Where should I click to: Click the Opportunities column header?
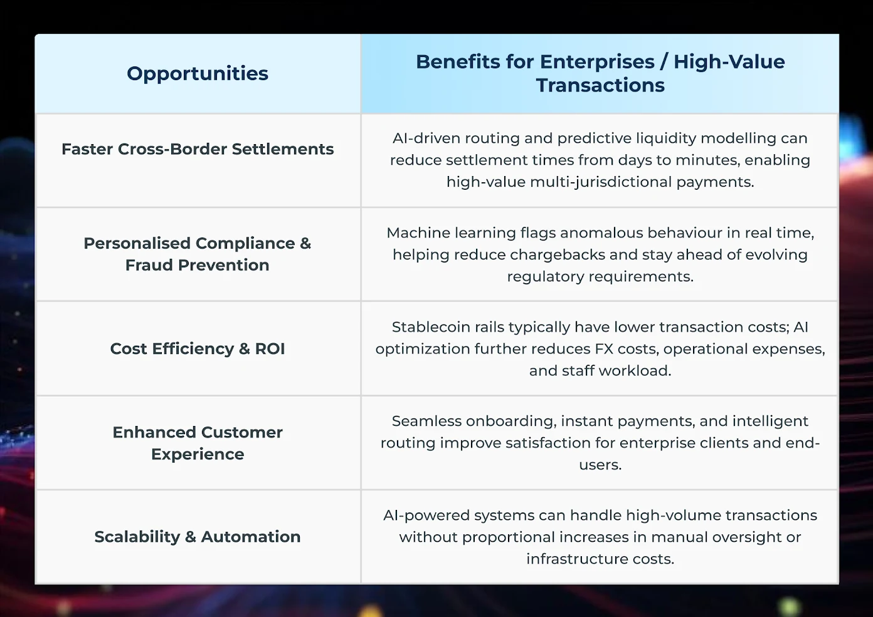point(198,73)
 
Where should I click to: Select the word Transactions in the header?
point(600,85)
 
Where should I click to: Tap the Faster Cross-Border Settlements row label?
point(198,149)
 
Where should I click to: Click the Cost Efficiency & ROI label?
point(198,349)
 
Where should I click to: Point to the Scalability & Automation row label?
point(198,537)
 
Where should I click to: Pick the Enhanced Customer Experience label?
point(198,443)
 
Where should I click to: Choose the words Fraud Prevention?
point(198,265)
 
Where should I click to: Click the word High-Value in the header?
point(729,62)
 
